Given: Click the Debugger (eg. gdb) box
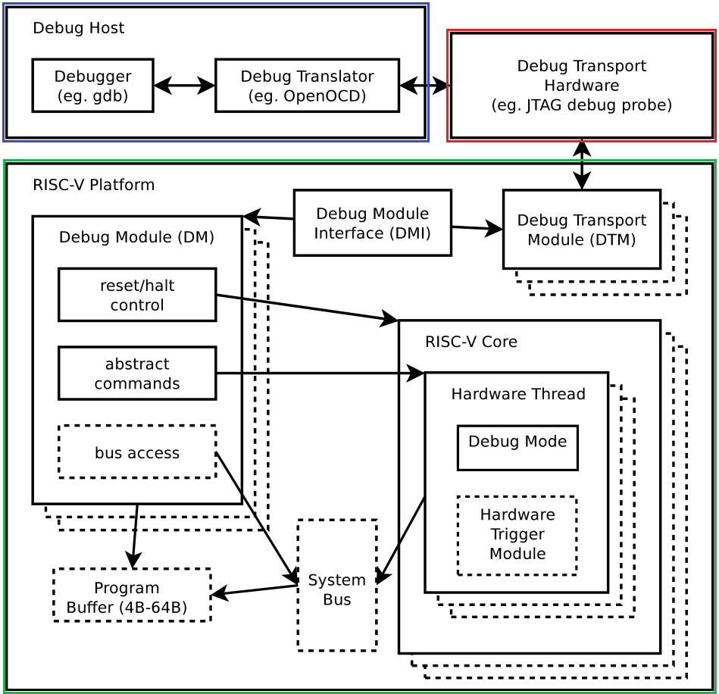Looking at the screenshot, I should click(x=92, y=86).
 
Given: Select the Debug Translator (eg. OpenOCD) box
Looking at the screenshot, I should click(x=307, y=86).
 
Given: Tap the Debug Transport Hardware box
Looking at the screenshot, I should click(x=582, y=86).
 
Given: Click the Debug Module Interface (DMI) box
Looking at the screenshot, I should click(x=372, y=223).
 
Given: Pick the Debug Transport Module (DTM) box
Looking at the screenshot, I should click(x=581, y=230).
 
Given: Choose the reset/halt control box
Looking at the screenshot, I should click(x=137, y=295).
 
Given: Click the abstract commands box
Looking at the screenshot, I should click(x=137, y=374).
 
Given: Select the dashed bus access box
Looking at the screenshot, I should click(x=137, y=452).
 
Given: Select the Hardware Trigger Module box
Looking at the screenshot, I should click(x=517, y=535).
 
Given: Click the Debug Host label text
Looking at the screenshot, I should click(x=78, y=29).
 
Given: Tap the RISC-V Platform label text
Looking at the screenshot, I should click(x=93, y=186).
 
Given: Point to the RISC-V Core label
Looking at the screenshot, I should click(x=471, y=342).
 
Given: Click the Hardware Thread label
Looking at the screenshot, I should click(x=518, y=395).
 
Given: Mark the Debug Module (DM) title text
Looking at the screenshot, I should click(x=136, y=238).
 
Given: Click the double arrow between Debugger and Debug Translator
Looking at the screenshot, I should click(x=184, y=86).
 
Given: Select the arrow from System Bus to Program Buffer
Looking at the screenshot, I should click(x=254, y=590).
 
